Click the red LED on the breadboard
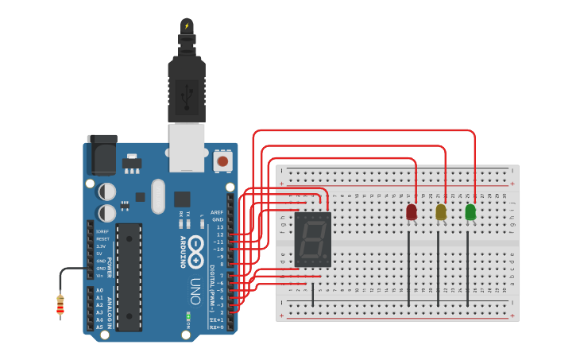[x=411, y=212]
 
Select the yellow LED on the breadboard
[x=441, y=212]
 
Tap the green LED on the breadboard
[x=470, y=211]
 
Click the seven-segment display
[x=312, y=239]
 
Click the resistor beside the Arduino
[x=60, y=305]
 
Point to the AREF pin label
[x=217, y=212]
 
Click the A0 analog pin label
[x=99, y=291]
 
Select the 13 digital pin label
[x=220, y=227]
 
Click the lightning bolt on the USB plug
[x=187, y=26]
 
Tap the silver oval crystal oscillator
[x=157, y=196]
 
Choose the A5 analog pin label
[x=99, y=327]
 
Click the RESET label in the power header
[x=103, y=238]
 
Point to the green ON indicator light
[x=188, y=316]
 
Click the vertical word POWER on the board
[x=110, y=266]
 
